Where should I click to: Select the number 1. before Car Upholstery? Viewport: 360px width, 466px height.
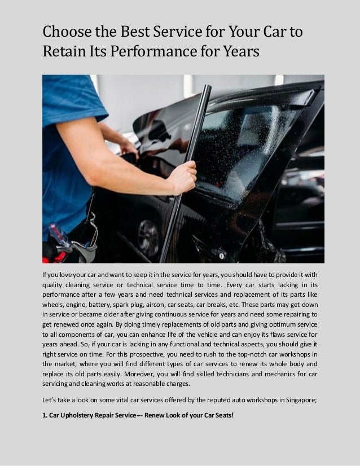pyautogui.click(x=45, y=415)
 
